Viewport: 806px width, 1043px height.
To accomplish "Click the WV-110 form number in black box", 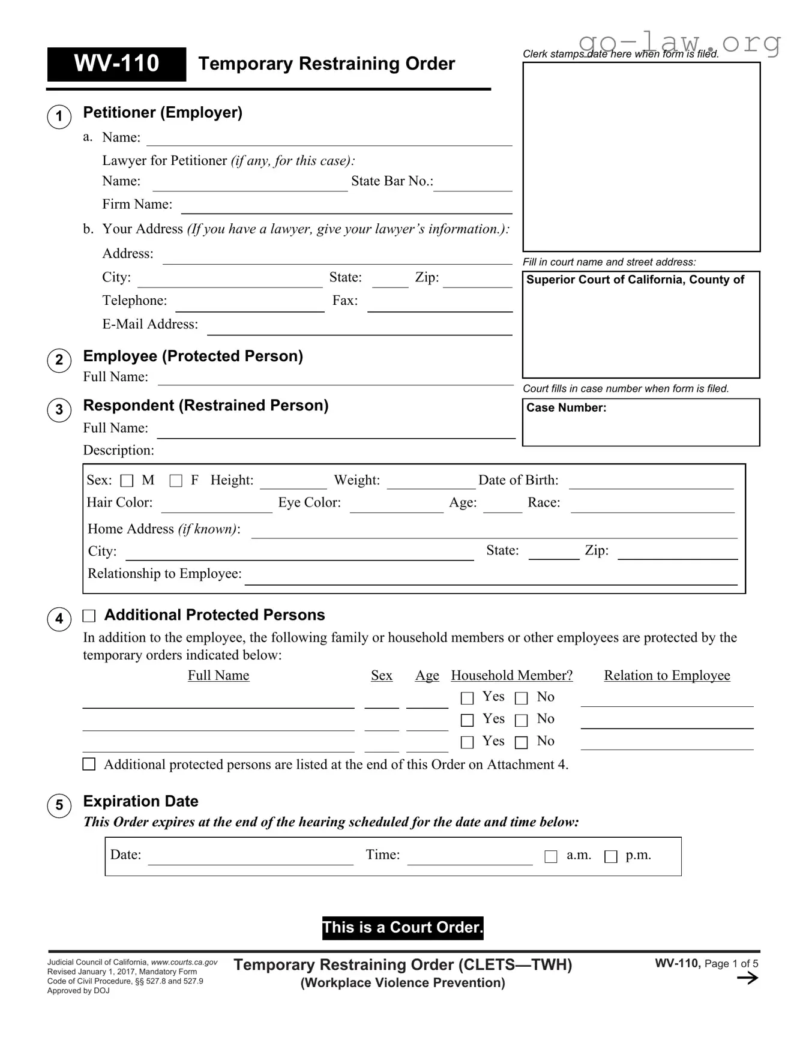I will (x=116, y=64).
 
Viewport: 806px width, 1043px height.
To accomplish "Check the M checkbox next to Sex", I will (x=127, y=481).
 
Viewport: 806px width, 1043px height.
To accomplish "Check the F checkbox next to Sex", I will (x=176, y=481).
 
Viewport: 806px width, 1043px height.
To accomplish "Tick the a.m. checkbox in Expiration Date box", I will (x=550, y=856).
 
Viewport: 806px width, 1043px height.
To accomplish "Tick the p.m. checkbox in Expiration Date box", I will (x=610, y=856).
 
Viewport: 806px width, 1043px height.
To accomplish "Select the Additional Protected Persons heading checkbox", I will (x=89, y=616).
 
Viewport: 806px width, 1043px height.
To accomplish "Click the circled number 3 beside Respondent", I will (x=59, y=410).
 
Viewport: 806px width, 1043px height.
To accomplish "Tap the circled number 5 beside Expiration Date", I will (x=59, y=805).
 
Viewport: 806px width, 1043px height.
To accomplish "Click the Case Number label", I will (x=566, y=408).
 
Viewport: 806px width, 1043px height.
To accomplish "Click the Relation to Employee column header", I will (x=667, y=676).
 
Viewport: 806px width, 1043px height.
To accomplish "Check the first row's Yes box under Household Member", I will (x=467, y=698).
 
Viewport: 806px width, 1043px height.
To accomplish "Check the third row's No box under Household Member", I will (x=522, y=742).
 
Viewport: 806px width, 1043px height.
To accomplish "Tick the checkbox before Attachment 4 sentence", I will (x=89, y=764).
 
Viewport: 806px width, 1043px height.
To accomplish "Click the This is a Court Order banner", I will (x=402, y=928).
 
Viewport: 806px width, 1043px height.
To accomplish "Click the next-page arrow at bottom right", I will (x=747, y=978).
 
